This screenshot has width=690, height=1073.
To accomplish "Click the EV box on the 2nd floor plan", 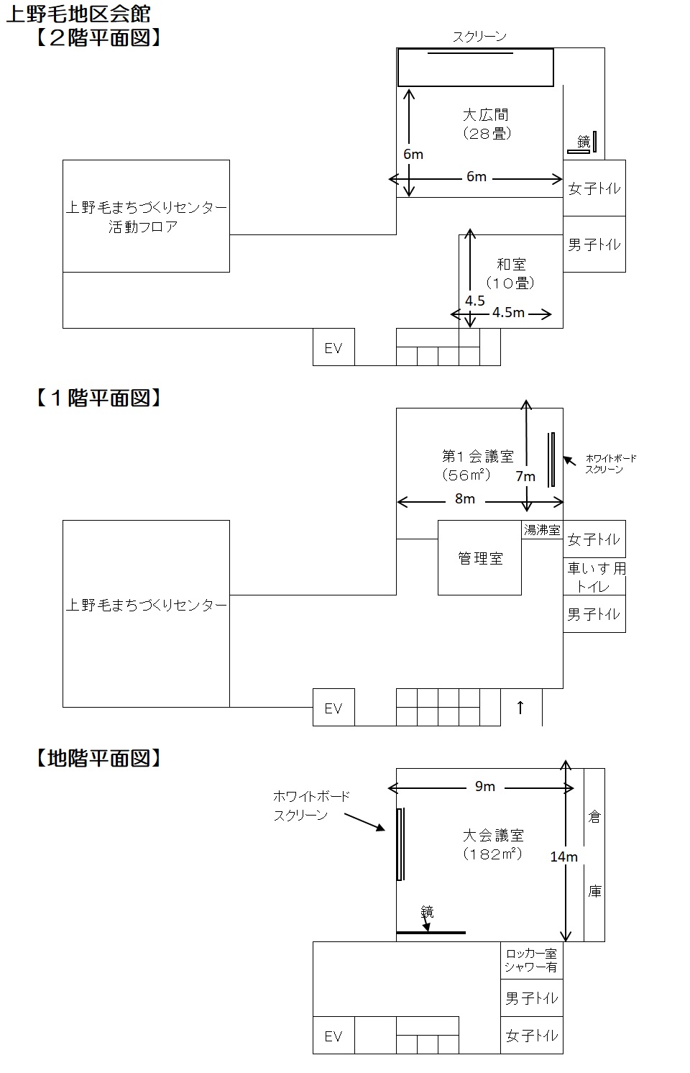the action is [333, 347].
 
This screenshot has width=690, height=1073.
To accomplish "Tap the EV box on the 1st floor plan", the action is [333, 707].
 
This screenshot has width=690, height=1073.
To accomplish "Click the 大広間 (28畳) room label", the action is [486, 124].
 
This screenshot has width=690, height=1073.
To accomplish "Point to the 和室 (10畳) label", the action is [510, 273].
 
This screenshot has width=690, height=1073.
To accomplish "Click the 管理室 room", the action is [480, 557].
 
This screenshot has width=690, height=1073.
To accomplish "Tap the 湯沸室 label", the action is [542, 530].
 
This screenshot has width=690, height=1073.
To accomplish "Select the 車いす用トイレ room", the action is [594, 576].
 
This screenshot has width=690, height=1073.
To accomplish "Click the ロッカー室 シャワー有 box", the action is [531, 960].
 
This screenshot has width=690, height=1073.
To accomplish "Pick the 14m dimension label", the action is [563, 857].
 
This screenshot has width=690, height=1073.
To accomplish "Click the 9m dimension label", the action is [484, 786].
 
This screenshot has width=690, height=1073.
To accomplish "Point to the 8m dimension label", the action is [464, 498].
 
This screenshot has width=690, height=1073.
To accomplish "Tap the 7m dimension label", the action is [525, 476].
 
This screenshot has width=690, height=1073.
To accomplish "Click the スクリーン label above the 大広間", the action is [479, 37].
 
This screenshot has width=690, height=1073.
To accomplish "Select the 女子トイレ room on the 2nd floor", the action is [594, 188].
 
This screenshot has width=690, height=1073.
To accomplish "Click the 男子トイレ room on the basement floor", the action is [531, 997].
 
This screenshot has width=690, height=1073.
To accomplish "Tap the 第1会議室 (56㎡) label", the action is [477, 465].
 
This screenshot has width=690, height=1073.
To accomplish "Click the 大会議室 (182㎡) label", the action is [493, 844].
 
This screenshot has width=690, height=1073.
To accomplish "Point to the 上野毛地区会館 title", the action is [78, 14].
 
